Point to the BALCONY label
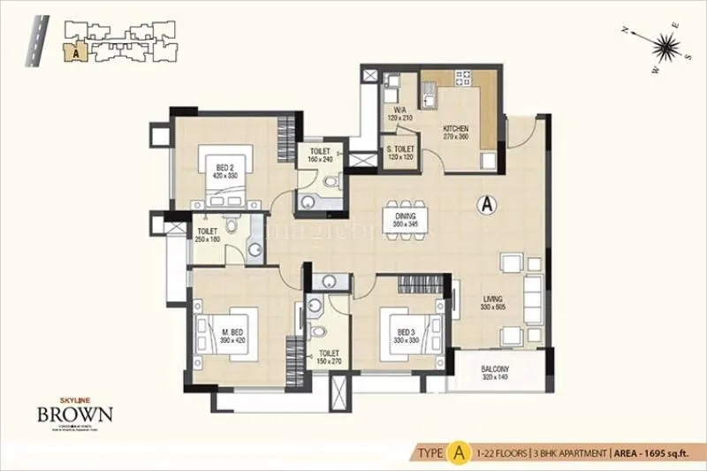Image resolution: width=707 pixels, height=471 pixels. point(495,371)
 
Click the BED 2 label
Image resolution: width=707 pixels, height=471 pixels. point(224,167)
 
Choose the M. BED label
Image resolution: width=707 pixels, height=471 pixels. point(232,333)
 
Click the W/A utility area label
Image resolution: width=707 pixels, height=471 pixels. point(399,111)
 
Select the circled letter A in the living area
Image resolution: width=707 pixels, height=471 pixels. point(485,205)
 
